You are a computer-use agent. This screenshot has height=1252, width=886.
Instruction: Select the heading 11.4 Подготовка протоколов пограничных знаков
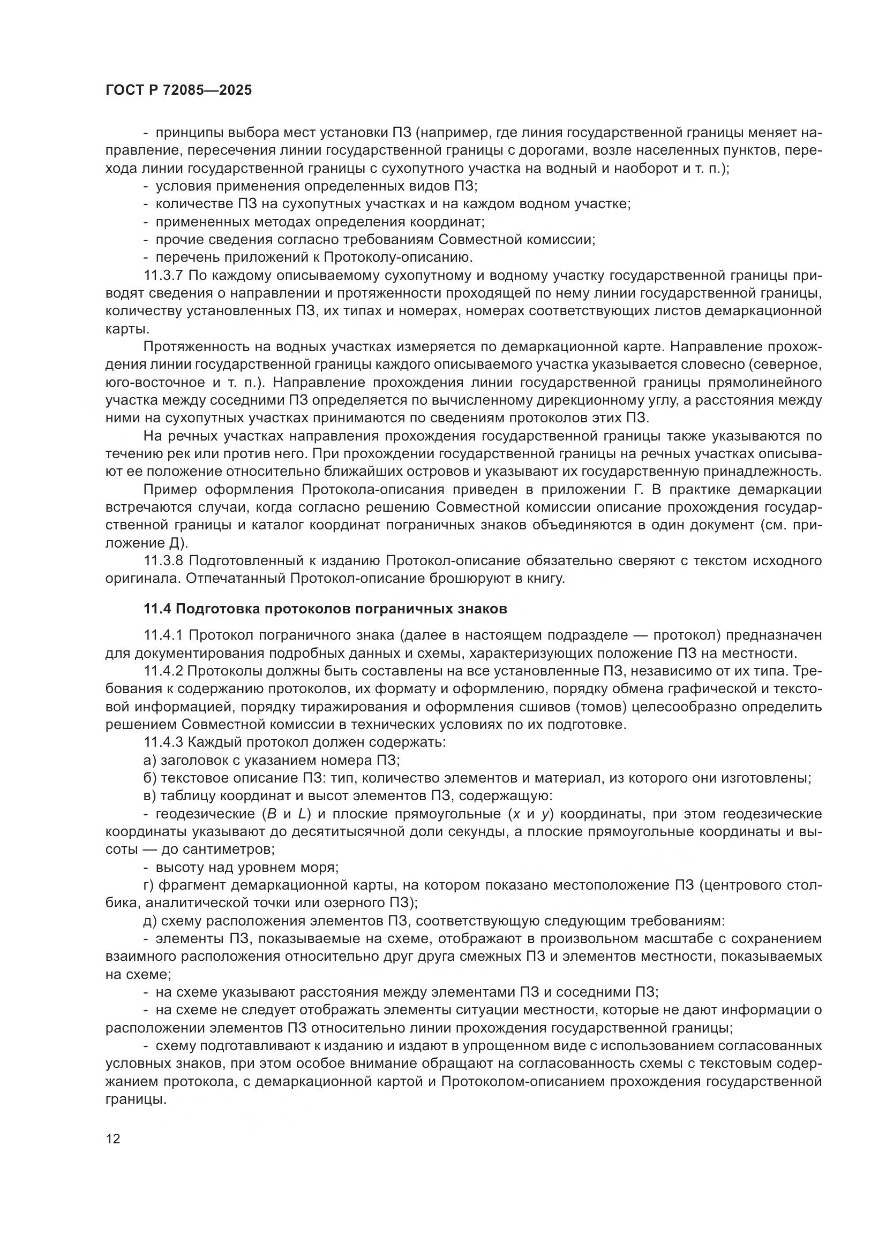(325, 609)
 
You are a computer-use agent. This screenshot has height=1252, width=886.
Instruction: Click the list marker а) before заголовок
(149, 760)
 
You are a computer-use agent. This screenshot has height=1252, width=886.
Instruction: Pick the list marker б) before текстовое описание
(150, 778)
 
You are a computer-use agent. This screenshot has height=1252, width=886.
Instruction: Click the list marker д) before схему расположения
(150, 921)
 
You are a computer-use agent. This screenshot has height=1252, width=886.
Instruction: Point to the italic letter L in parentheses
(302, 814)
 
